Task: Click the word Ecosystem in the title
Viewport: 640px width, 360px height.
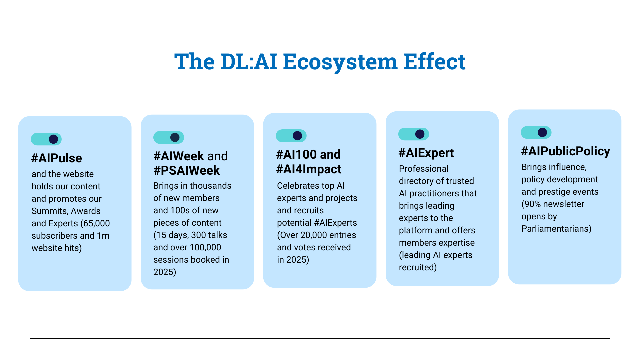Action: (x=340, y=62)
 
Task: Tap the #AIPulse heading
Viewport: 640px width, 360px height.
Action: (x=56, y=158)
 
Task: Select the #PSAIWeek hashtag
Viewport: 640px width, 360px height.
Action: (x=186, y=170)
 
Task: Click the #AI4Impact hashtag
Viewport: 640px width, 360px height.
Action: (x=309, y=169)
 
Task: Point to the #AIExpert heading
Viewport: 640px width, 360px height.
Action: (x=426, y=153)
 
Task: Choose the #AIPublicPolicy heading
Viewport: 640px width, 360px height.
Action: (x=566, y=151)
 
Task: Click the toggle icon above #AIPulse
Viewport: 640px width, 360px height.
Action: (x=46, y=139)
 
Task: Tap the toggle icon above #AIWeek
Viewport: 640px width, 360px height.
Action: (x=169, y=137)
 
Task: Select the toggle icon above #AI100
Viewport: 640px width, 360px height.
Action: (x=291, y=136)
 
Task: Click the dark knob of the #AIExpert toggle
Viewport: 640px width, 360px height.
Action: (x=420, y=134)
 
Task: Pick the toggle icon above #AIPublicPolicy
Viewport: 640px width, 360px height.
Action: (x=536, y=132)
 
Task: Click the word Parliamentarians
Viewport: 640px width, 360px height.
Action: (x=555, y=229)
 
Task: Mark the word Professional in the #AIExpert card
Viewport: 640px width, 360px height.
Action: (x=424, y=169)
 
